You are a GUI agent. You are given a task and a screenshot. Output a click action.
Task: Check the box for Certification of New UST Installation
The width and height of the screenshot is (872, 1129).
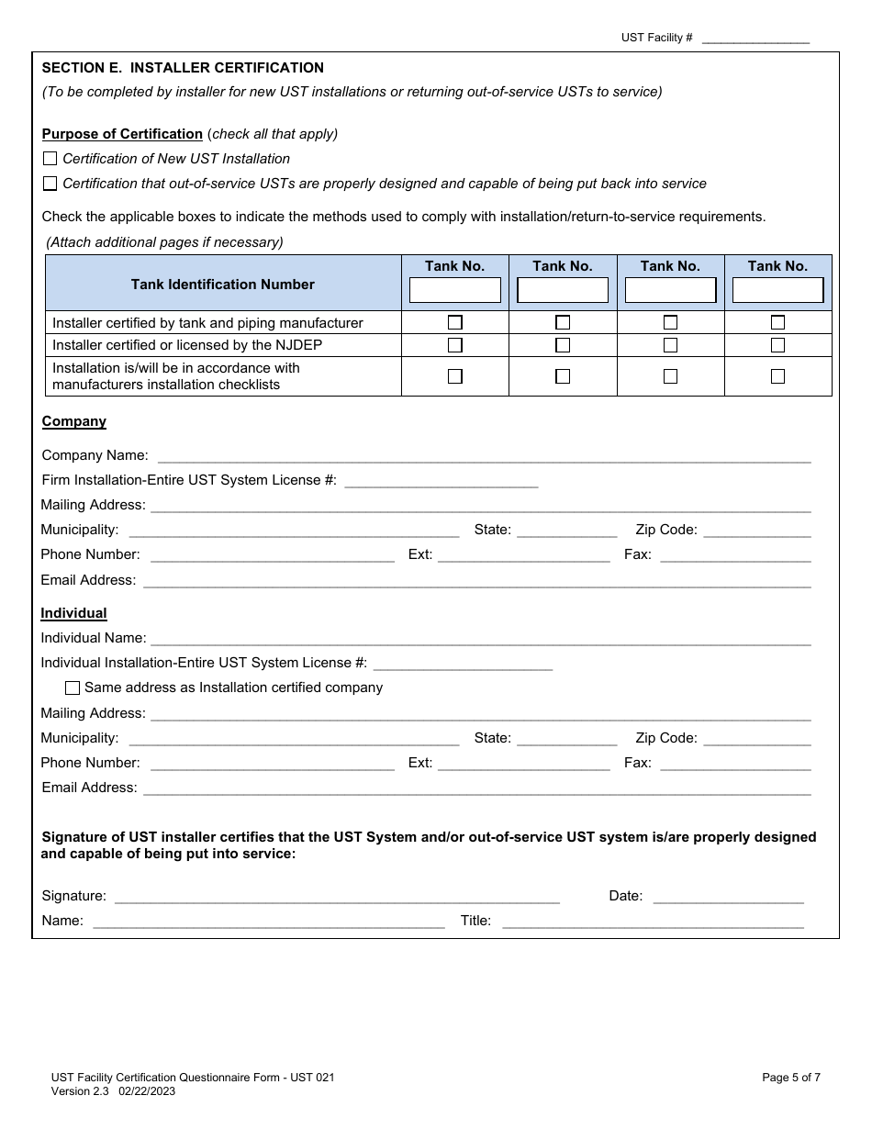50,159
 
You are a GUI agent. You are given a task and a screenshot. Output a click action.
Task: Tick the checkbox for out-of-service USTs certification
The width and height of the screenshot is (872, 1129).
50,184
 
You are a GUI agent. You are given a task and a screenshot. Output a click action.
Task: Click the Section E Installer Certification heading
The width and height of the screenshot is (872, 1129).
183,68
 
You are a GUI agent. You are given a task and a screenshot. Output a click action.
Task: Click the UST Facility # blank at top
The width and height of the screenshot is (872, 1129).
755,39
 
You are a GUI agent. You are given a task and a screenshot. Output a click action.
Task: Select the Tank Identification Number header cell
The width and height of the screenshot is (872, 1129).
223,285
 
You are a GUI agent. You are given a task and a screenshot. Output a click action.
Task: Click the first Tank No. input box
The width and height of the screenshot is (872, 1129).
454,290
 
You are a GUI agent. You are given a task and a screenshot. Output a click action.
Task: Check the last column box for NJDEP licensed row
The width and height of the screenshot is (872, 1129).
777,345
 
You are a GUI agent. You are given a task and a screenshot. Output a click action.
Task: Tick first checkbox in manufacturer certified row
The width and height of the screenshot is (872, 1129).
454,322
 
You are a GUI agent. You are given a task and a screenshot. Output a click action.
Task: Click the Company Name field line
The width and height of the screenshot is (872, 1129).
484,455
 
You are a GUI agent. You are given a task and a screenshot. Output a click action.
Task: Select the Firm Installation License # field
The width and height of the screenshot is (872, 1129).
441,480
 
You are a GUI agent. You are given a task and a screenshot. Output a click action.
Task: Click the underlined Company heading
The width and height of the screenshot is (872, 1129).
74,421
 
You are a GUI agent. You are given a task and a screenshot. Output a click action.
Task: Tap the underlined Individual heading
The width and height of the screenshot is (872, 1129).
74,613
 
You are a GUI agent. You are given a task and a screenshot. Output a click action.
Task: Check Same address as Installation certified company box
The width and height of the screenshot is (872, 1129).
73,687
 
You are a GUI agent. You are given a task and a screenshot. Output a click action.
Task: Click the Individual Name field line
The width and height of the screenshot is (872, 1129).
480,638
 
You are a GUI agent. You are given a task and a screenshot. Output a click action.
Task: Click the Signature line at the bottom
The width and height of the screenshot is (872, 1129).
336,896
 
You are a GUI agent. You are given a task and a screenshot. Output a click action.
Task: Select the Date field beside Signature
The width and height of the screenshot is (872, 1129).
728,896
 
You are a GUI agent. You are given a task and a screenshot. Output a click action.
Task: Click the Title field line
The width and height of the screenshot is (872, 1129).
653,921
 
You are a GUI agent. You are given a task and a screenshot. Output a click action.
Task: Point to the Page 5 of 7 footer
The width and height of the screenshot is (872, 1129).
791,1078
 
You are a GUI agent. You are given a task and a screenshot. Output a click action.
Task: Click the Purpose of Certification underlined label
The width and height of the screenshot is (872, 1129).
122,134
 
